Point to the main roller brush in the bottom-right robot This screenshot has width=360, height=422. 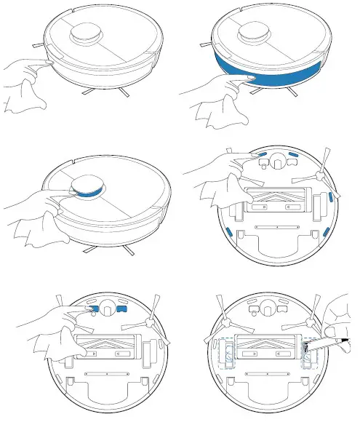[268, 349]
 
